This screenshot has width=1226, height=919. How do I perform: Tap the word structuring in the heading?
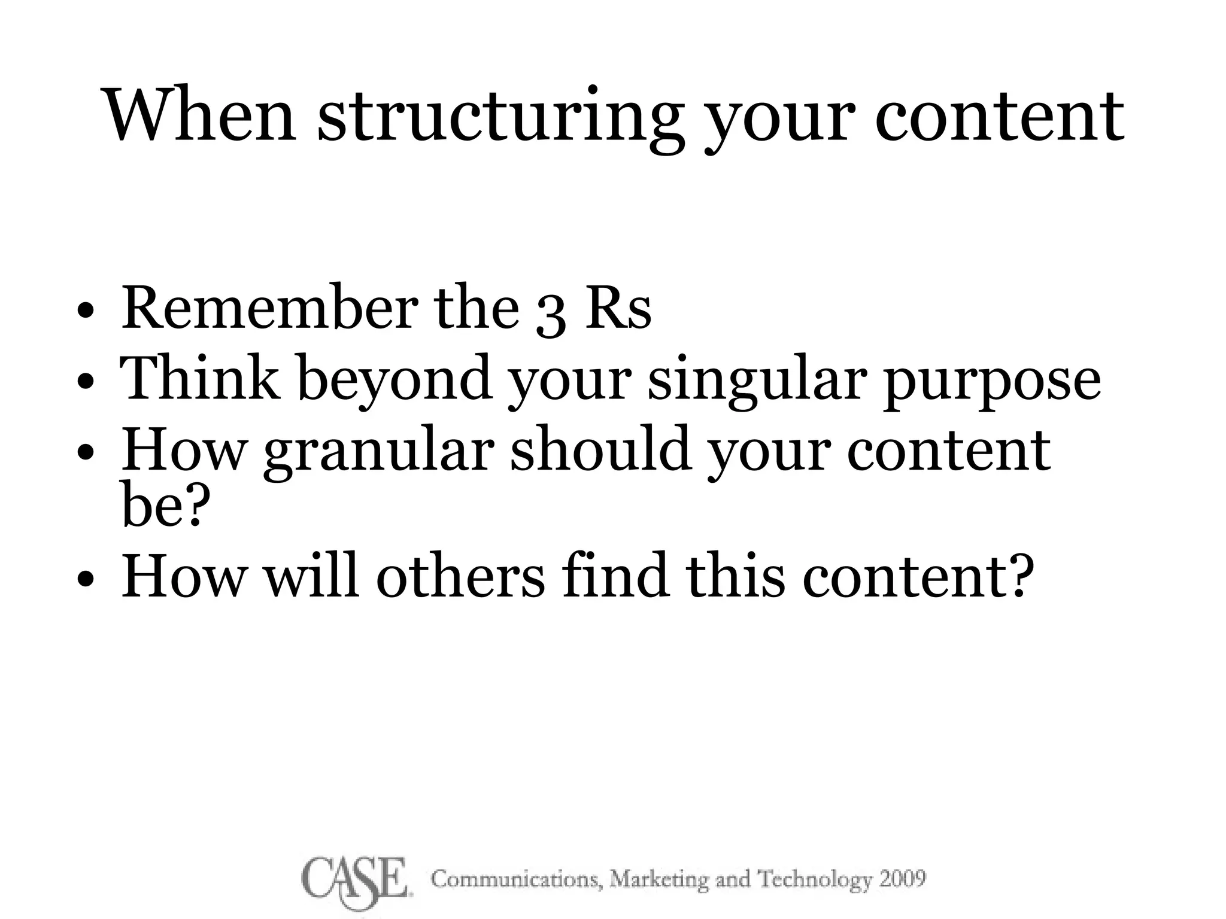(500, 120)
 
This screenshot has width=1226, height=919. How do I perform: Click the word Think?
(200, 378)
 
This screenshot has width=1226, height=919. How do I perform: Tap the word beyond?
(395, 383)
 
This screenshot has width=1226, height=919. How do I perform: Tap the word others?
(460, 576)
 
